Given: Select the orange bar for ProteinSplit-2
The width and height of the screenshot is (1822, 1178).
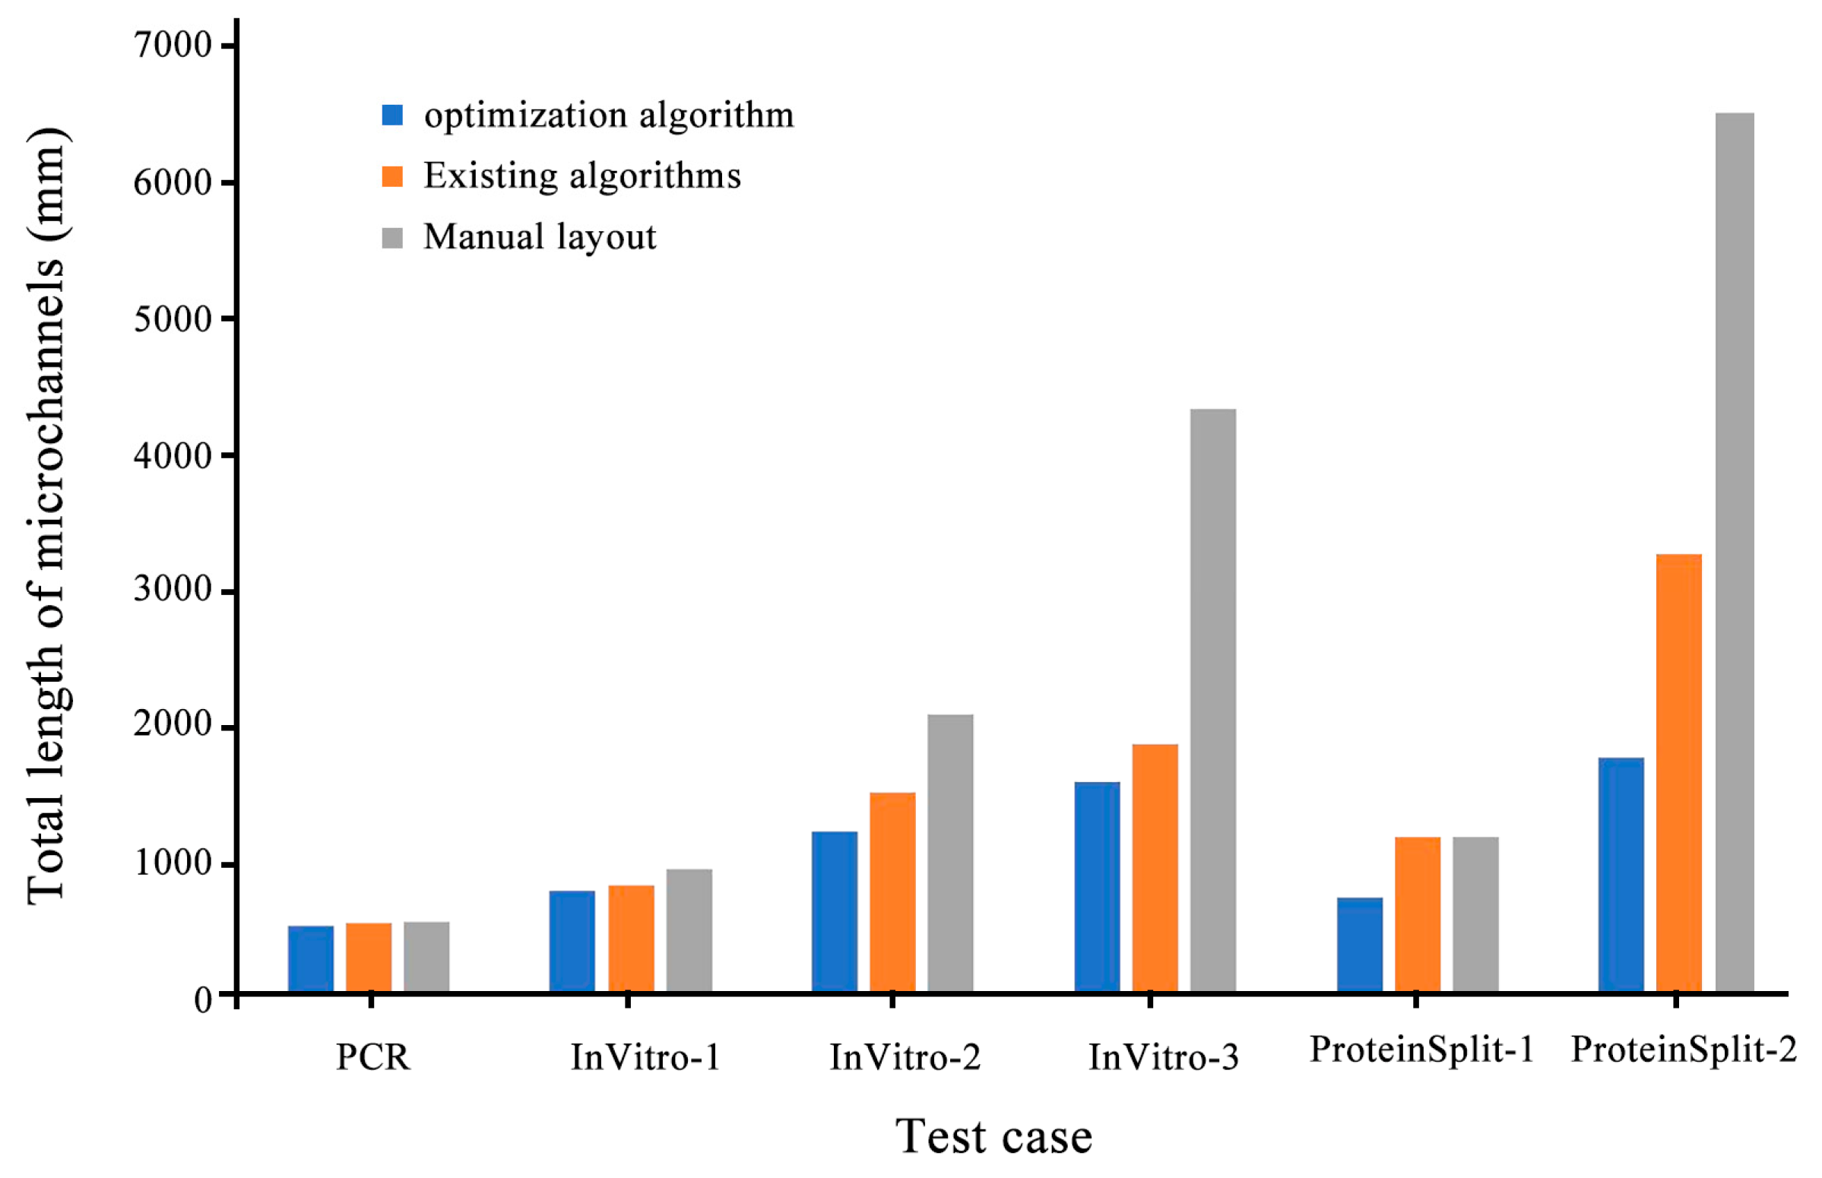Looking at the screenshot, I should pos(1678,773).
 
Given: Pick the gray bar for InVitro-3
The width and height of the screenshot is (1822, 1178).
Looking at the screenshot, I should pos(1212,700).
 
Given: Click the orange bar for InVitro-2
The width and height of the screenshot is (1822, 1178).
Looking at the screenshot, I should pos(892,892).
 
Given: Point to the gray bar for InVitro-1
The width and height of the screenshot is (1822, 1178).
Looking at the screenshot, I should pos(689,930).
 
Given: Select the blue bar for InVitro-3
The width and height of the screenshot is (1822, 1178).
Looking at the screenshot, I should pos(1096,888).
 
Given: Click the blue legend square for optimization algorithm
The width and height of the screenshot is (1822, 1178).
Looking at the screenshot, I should pos(392,115).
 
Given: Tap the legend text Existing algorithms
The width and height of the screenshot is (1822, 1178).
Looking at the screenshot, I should pos(582,176).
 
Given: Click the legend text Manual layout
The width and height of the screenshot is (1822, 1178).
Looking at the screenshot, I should pos(539,237).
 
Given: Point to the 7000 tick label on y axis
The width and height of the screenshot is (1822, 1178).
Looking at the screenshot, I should pos(173,46).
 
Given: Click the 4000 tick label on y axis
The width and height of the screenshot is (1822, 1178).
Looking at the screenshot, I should pos(173,456).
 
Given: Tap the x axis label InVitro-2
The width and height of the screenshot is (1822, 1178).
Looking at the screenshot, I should pos(905,1058).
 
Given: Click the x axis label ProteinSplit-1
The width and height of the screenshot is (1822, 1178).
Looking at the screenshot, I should pos(1421,1050).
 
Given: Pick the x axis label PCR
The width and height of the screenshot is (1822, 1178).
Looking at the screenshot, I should pos(372,1058).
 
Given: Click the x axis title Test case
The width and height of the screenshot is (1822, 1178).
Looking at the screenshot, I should pos(993,1137).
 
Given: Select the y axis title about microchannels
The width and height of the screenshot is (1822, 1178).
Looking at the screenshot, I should pos(47,516).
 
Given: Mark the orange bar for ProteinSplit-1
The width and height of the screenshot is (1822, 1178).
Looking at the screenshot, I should pos(1418,915).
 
